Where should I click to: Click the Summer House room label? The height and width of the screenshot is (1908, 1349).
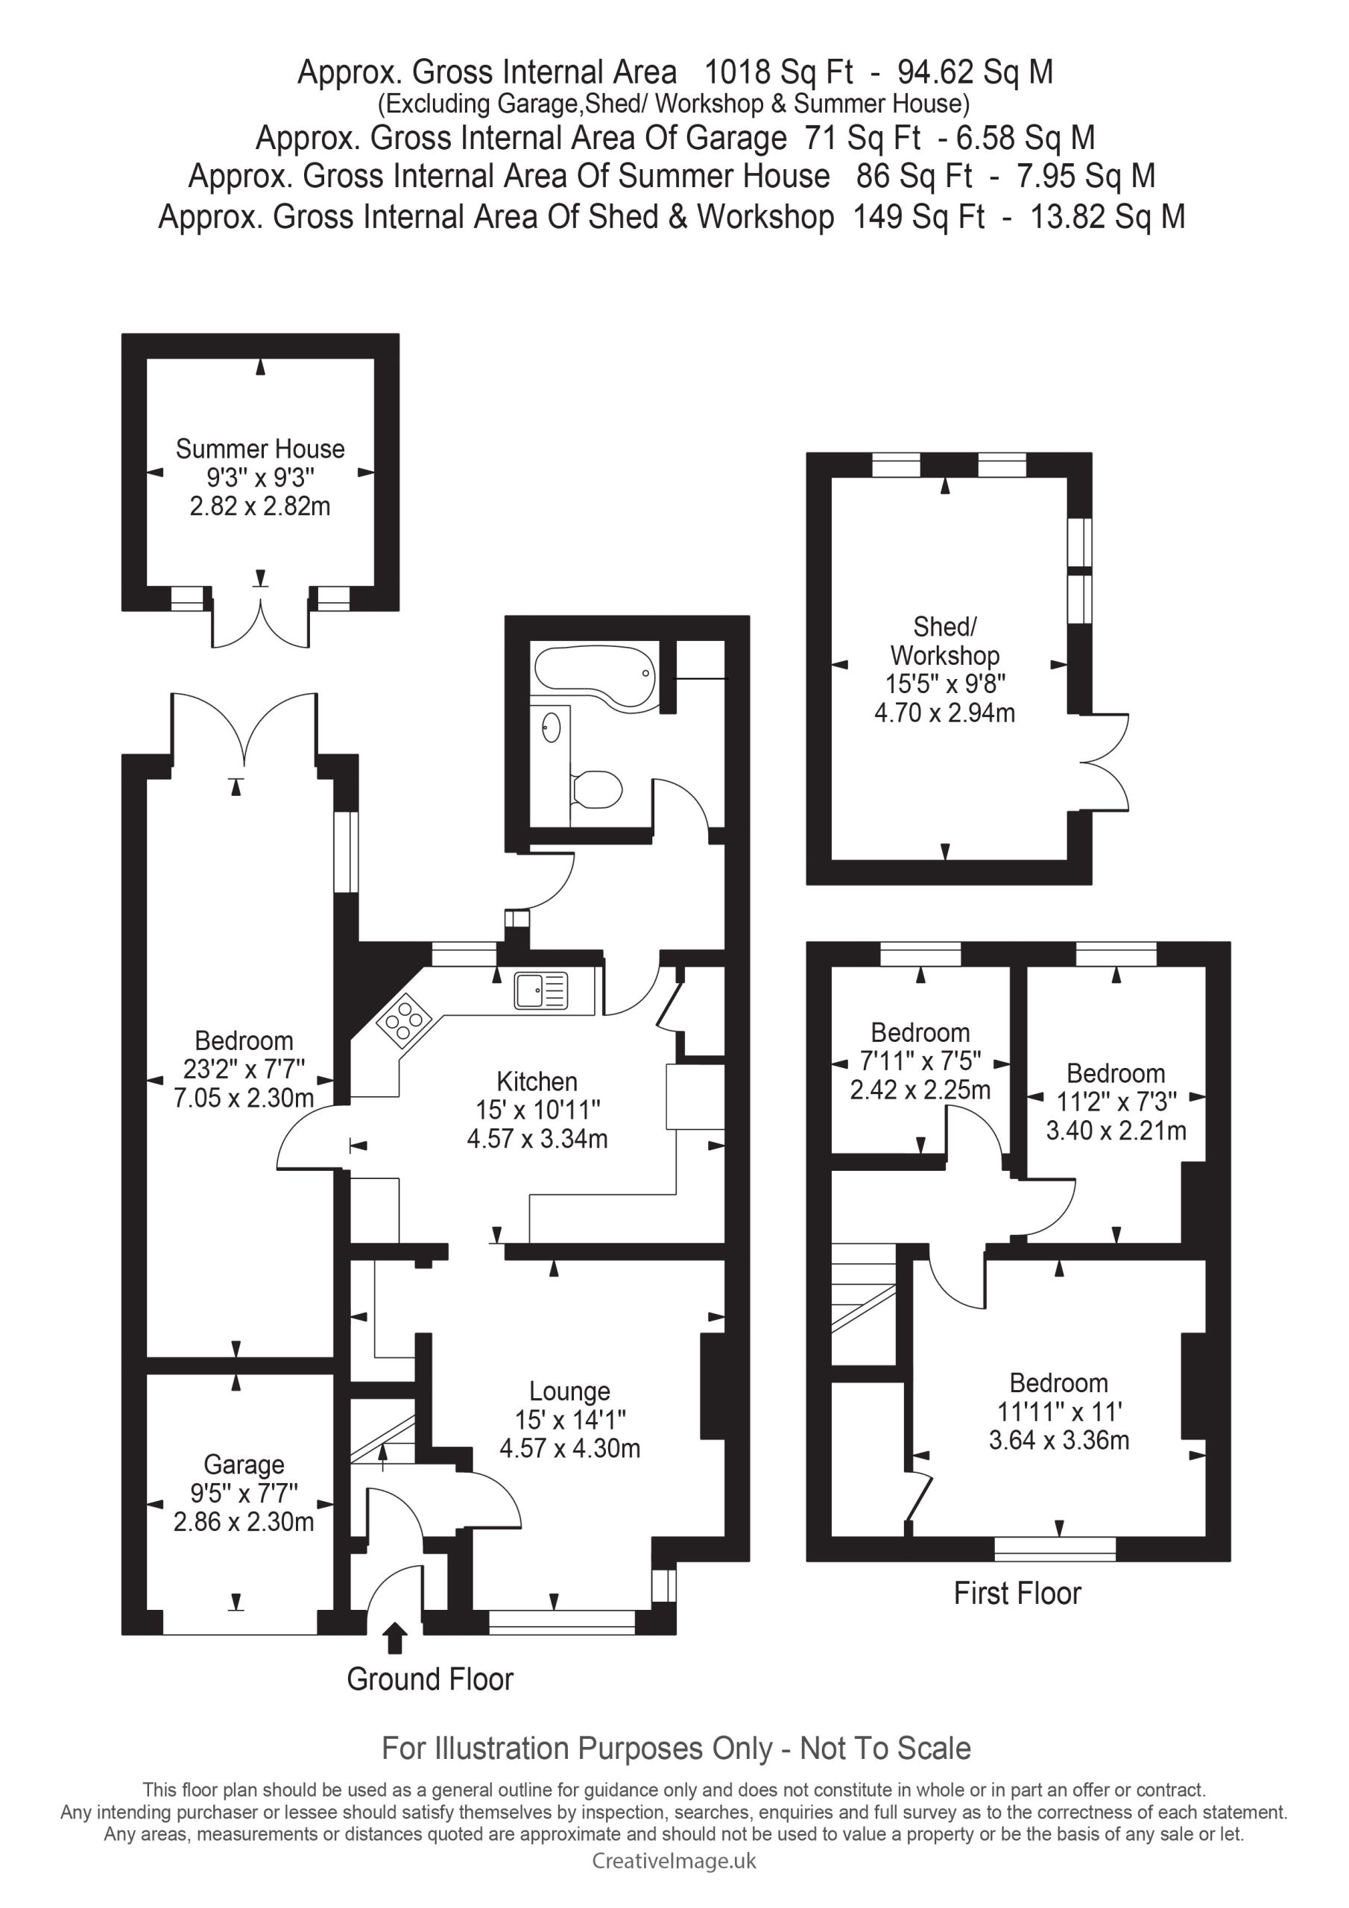tap(260, 449)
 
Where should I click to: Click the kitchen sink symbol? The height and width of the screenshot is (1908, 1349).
tap(540, 990)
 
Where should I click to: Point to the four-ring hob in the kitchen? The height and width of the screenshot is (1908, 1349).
tap(404, 1019)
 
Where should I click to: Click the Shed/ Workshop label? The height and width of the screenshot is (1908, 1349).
tap(945, 641)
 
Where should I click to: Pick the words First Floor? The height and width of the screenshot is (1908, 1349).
tap(1017, 1593)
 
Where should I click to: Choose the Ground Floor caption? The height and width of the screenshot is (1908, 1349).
tap(430, 1678)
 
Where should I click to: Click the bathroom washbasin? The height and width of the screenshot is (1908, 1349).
tap(550, 728)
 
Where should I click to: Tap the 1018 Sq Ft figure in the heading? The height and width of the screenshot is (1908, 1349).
tap(778, 72)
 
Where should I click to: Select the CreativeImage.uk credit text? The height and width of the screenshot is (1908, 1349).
tap(674, 1860)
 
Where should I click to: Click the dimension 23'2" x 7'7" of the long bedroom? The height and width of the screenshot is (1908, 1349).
tap(244, 1069)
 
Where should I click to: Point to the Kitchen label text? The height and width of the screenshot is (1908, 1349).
tap(537, 1081)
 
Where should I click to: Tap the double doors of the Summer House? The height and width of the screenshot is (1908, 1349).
tap(261, 619)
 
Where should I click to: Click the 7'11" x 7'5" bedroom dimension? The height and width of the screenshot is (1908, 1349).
tap(920, 1061)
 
